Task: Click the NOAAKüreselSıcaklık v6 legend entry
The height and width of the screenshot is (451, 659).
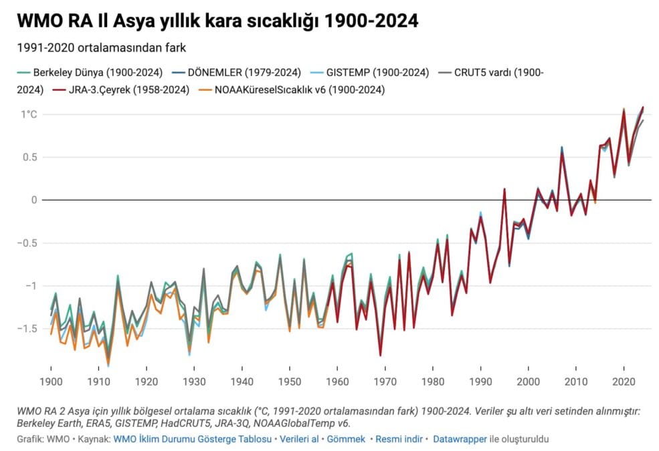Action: [294, 89]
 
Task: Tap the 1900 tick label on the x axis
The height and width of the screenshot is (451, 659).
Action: [51, 380]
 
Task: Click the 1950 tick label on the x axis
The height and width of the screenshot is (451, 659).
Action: [290, 380]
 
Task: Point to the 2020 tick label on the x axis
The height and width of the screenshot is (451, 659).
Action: [624, 380]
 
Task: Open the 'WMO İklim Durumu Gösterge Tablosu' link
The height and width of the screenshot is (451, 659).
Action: [193, 439]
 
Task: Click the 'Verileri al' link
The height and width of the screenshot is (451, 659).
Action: [300, 439]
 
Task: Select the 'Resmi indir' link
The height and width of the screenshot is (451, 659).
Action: [399, 439]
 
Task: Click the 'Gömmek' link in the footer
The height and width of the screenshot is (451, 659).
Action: [346, 439]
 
